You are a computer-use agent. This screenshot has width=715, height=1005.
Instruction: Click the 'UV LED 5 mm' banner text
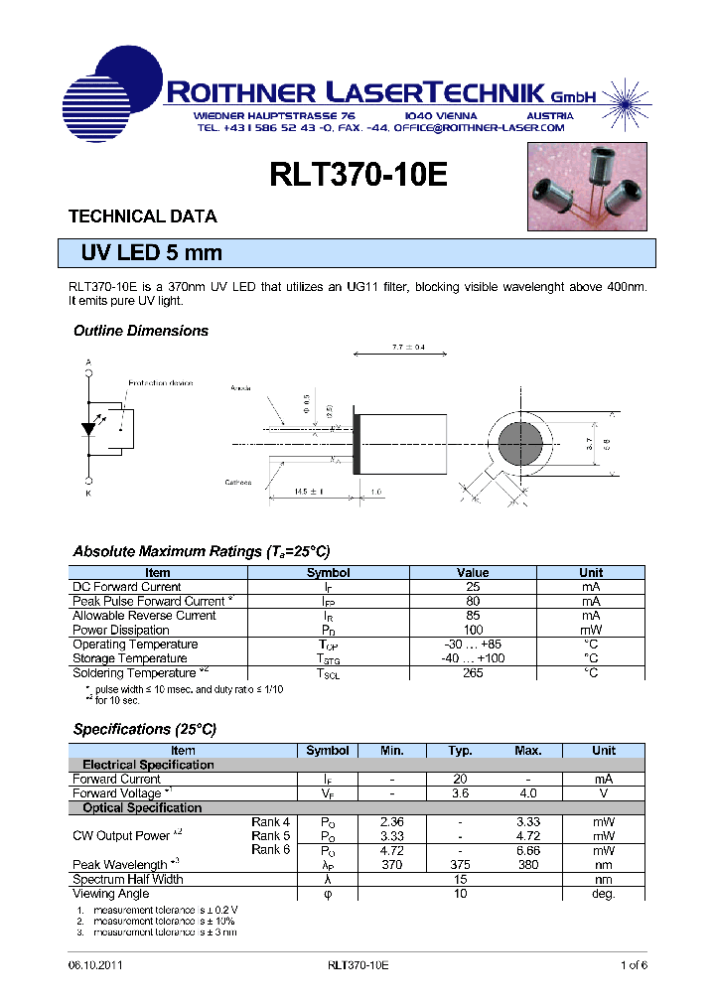coord(152,253)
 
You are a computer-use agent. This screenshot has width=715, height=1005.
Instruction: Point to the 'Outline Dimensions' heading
coord(141,331)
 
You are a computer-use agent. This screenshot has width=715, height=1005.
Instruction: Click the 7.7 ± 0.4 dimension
coord(408,348)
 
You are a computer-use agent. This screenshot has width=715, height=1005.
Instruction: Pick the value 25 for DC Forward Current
coord(473,587)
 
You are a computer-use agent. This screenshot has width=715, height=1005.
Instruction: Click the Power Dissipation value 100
coord(473,630)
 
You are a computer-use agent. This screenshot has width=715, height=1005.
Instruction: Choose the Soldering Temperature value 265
coord(473,673)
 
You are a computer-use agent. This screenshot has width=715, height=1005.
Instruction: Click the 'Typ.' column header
coord(460,751)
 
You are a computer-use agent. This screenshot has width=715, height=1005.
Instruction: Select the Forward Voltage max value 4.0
coord(527,793)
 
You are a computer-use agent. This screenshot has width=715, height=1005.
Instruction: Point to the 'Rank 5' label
coord(270,836)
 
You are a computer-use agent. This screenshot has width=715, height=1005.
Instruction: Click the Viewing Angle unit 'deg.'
coord(603,894)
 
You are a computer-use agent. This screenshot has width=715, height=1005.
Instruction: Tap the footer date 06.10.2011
coord(95,965)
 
